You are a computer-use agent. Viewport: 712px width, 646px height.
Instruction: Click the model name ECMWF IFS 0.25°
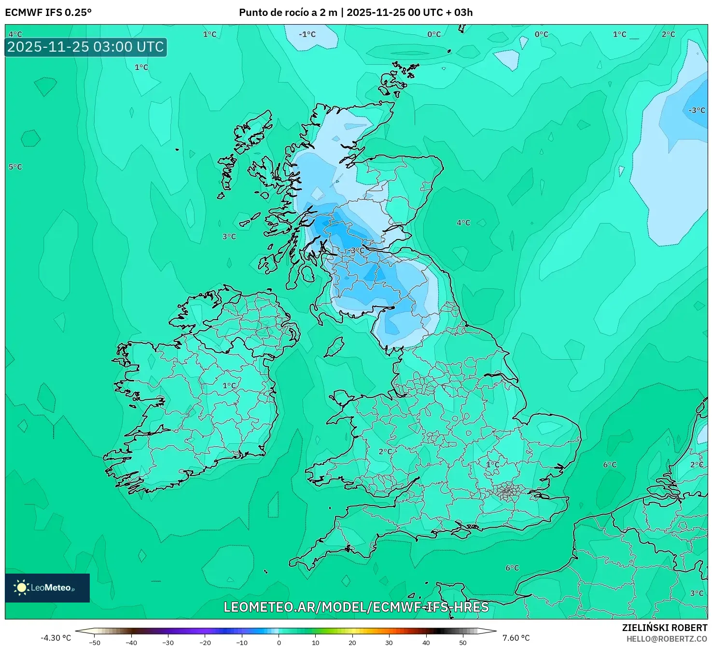48,12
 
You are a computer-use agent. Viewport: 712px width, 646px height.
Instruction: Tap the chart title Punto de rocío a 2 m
288,12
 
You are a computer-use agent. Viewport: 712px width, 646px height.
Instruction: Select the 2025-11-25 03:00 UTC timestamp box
85,47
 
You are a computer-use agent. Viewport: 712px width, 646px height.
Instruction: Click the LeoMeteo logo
47,588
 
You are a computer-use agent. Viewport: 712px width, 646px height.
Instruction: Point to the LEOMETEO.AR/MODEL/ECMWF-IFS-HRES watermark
356,607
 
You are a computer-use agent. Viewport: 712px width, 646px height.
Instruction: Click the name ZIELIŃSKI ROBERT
664,628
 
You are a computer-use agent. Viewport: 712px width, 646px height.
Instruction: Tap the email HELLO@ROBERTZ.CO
667,639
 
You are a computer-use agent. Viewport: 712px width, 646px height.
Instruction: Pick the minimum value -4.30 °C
56,638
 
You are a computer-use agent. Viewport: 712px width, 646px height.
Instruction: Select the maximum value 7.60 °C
516,638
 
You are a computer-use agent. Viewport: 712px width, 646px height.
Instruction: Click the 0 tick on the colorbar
279,643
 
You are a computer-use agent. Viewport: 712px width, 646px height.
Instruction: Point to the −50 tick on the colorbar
95,643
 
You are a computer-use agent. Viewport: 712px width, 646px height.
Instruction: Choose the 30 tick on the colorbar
389,643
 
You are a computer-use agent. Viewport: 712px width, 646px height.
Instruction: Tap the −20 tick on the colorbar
205,643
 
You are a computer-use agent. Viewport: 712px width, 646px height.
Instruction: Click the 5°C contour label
15,167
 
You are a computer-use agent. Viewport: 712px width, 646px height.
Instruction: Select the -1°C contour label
307,34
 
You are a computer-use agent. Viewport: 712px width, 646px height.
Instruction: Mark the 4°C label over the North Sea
463,223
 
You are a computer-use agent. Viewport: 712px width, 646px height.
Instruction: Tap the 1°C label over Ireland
229,386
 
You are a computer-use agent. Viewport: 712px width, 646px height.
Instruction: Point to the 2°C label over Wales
385,451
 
